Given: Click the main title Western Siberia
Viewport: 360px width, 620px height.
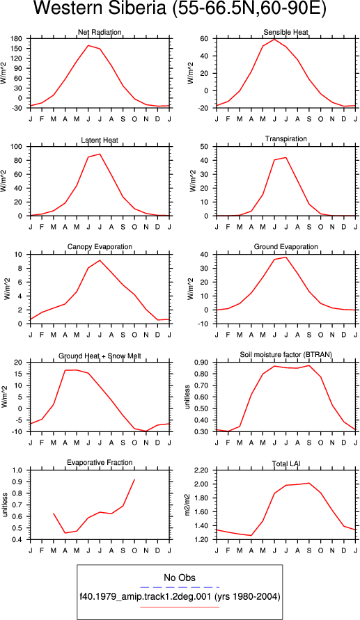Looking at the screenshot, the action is pos(98,9).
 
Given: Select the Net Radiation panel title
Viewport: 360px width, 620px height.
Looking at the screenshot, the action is pos(100,33).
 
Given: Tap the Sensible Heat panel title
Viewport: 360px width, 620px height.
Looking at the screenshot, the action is pos(286,32).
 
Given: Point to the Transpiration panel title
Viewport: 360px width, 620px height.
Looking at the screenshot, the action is pos(286,138).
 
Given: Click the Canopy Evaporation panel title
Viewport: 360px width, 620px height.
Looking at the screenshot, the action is pos(100,247).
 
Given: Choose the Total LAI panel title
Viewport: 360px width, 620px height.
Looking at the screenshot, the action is pos(286,463).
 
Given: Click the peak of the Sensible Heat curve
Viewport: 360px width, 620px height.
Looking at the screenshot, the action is pos(274,39).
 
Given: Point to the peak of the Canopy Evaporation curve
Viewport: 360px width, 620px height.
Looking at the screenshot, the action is pos(100,260).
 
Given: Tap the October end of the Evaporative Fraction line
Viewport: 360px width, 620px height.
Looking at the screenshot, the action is pos(134,479).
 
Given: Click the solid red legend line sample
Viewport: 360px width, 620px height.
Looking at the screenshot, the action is pos(180,607).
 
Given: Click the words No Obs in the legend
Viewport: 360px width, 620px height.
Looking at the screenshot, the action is pos(180,578).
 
